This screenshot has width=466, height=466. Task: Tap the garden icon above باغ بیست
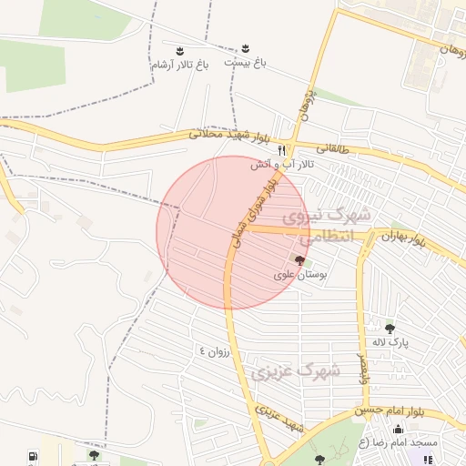click(246, 47)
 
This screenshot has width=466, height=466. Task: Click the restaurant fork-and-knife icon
click(282, 149)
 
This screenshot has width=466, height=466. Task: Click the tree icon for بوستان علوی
click(301, 260)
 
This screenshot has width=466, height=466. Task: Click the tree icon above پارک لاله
click(390, 329)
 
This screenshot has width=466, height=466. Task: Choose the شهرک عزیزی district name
click(294, 371)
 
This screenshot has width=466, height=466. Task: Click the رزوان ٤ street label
click(217, 350)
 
